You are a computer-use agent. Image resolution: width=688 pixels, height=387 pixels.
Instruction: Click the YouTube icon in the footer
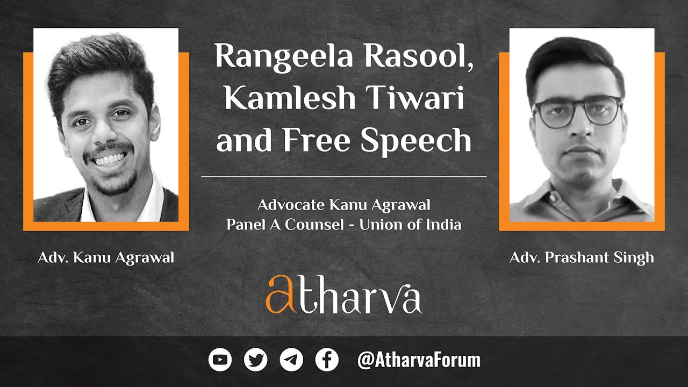click(x=220, y=360)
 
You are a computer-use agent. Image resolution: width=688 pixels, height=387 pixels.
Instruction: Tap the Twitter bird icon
click(x=255, y=360)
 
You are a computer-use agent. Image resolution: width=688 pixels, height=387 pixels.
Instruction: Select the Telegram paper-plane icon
click(x=291, y=360)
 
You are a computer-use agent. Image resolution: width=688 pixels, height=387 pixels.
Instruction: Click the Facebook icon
click(x=327, y=360)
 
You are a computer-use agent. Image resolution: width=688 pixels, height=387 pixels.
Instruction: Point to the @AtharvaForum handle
click(x=419, y=360)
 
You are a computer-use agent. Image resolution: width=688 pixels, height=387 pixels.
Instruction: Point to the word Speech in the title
click(x=417, y=140)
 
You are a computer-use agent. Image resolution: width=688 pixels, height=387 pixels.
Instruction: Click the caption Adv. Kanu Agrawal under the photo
click(x=106, y=258)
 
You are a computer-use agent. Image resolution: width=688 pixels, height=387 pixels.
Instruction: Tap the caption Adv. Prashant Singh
click(x=582, y=257)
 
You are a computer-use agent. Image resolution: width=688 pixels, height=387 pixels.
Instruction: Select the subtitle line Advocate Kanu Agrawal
click(x=344, y=205)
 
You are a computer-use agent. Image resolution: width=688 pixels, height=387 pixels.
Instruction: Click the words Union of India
click(x=410, y=224)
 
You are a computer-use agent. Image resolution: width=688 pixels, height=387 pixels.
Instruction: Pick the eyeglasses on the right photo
click(x=577, y=111)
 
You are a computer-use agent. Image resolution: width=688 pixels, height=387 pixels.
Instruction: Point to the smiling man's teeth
click(x=110, y=160)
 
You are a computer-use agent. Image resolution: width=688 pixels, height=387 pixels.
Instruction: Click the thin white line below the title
click(x=344, y=176)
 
